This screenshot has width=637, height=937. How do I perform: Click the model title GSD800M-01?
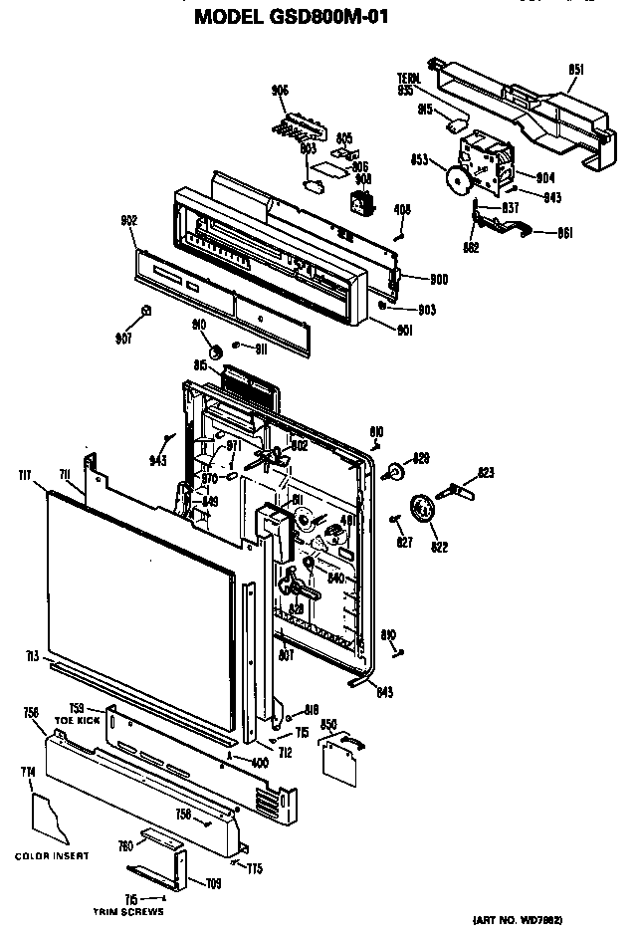(290, 17)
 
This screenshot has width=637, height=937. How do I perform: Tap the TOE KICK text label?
(79, 718)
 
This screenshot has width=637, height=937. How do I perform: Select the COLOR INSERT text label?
(51, 855)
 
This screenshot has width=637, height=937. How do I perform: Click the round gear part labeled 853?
(458, 179)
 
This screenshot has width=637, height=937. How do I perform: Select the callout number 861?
(563, 234)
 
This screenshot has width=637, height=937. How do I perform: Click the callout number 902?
(128, 220)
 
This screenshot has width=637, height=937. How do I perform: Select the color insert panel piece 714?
(56, 818)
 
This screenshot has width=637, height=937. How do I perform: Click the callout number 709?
(212, 883)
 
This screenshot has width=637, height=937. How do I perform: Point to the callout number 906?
(280, 90)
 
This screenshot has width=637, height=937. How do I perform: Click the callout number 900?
(410, 280)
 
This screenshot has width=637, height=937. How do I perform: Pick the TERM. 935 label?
(405, 84)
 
